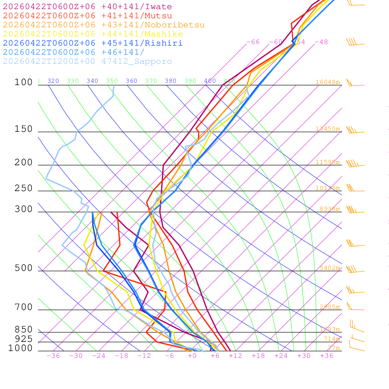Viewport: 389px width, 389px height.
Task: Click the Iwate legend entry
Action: click(87, 7)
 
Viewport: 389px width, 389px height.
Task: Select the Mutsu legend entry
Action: click(87, 16)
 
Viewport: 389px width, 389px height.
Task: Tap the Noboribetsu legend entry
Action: click(104, 25)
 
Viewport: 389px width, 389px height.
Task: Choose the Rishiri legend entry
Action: click(93, 43)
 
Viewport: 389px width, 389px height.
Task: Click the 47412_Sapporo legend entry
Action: click(87, 62)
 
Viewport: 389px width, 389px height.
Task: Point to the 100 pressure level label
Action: click(24, 82)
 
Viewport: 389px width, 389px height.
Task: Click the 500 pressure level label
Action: click(24, 268)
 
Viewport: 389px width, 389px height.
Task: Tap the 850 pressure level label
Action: click(24, 329)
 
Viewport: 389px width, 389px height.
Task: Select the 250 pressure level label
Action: click(24, 188)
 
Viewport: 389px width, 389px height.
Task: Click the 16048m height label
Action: click(327, 82)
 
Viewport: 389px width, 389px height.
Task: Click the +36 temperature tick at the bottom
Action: click(327, 356)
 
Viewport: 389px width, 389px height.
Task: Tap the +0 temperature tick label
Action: click(192, 356)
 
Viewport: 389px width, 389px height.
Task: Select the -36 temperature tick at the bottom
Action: click(53, 356)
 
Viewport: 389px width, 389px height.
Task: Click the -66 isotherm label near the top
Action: click(253, 42)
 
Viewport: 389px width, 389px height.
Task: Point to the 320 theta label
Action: click(53, 81)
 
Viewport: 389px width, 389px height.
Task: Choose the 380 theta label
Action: click(171, 81)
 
